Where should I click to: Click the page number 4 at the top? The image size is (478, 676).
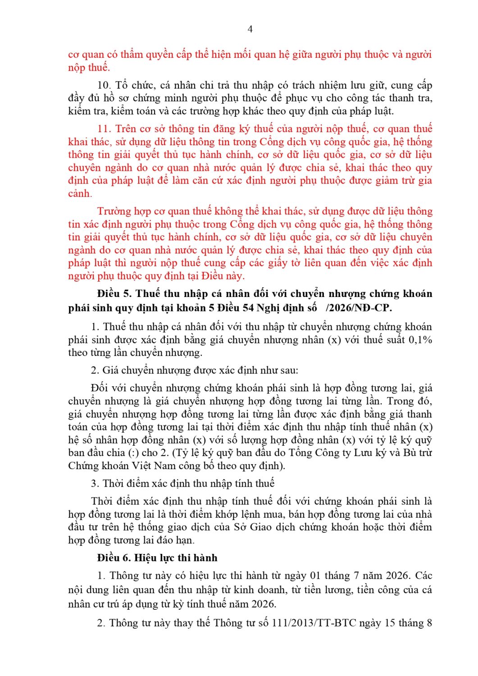tap(250, 29)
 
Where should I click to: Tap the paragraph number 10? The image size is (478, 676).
tap(104, 85)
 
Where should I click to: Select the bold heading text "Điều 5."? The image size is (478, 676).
tap(114, 294)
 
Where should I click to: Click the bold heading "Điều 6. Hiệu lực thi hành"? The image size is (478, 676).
tap(157, 558)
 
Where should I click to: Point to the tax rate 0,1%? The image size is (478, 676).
tap(420, 340)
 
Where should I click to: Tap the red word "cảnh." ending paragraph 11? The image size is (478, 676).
tap(80, 194)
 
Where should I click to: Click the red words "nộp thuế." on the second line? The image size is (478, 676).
tap(89, 68)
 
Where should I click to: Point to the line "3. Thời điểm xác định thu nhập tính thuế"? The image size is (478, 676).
tap(182, 484)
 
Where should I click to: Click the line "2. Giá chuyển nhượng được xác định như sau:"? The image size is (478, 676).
tap(194, 370)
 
